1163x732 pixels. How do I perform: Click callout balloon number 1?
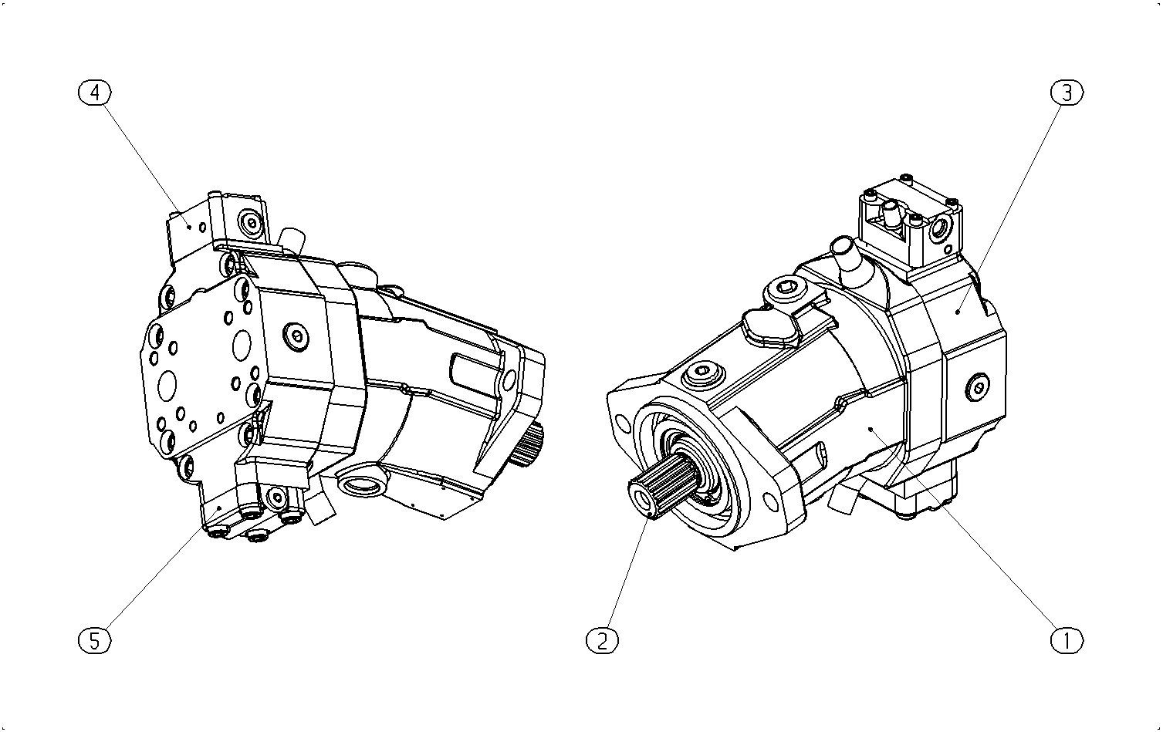[1067, 641]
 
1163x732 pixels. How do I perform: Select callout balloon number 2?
[602, 641]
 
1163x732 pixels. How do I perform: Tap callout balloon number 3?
[1067, 93]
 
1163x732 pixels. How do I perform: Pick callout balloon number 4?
[94, 93]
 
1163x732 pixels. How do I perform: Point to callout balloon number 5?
[94, 641]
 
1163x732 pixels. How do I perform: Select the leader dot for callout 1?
[871, 429]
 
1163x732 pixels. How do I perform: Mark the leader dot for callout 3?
[958, 312]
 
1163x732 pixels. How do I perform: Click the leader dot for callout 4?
[190, 227]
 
